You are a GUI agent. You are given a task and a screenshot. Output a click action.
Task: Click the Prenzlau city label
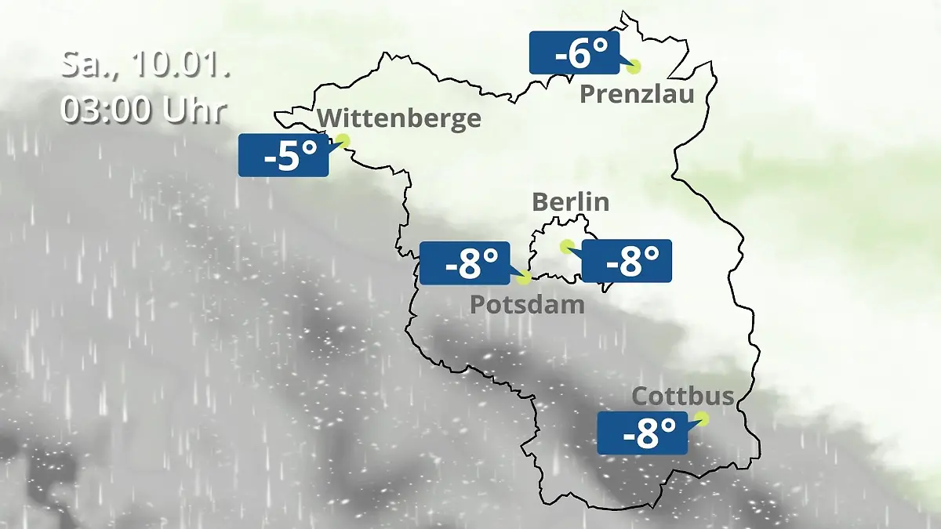637,95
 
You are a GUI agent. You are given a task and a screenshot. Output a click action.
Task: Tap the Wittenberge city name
399,118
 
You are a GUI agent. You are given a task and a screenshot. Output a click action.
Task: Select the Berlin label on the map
570,201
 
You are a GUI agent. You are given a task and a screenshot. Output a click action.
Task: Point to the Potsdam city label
527,304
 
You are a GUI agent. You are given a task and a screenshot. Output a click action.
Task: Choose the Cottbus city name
682,396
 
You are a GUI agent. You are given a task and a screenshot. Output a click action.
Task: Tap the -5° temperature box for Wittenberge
283,155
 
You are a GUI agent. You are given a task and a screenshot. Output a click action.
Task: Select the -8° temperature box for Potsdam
465,263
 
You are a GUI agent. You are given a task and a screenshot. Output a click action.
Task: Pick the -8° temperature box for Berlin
627,261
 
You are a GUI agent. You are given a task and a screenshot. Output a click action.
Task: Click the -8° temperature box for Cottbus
642,433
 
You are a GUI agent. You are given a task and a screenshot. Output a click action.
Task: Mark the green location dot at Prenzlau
633,67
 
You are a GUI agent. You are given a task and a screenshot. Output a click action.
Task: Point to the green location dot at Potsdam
524,277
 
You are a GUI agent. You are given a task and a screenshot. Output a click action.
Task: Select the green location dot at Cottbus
702,418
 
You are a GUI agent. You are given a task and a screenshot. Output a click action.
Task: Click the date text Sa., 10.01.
144,65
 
